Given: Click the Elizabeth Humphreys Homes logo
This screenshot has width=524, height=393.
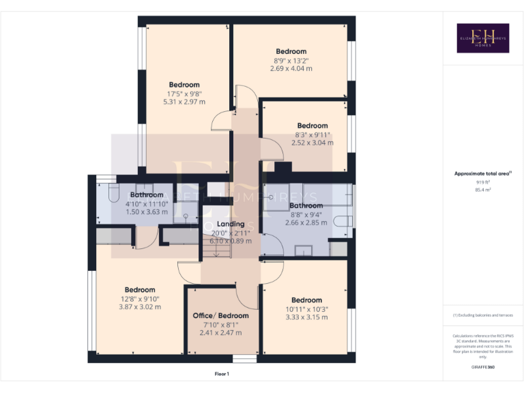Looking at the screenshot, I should [x=482, y=38].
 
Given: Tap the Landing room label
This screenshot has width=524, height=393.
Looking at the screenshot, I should [x=231, y=224].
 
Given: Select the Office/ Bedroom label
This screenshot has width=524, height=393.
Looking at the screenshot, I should [x=220, y=316].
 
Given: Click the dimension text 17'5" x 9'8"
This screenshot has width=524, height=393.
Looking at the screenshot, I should [x=184, y=93].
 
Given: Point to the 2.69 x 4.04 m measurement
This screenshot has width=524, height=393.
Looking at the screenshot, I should [x=291, y=68].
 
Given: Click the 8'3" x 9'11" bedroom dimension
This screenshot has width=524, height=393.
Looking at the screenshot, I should [x=312, y=134].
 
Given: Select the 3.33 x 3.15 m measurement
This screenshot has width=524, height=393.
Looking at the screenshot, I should [x=306, y=317].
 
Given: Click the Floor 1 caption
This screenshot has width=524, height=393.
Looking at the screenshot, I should [x=222, y=374].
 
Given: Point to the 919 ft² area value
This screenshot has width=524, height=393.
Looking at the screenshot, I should [x=482, y=182].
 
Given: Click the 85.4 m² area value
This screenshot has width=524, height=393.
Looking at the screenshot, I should [x=482, y=190].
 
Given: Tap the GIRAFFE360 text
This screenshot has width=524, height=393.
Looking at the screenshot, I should [x=482, y=368].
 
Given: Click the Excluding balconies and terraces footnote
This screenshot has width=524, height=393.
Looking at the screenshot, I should [x=482, y=315].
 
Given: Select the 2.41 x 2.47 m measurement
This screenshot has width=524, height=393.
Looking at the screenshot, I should [x=220, y=333].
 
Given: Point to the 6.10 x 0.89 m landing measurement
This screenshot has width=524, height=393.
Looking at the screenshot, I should [x=231, y=241].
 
